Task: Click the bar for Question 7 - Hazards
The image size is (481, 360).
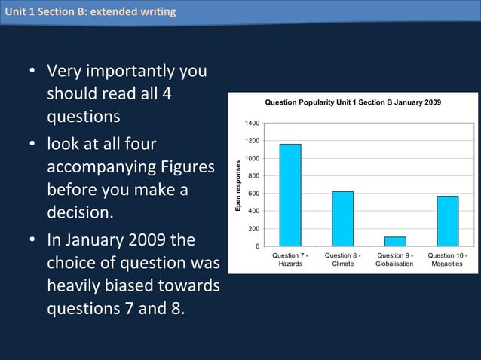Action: (290, 194)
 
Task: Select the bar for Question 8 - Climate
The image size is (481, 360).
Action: (342, 218)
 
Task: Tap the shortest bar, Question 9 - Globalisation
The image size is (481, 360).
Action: (395, 241)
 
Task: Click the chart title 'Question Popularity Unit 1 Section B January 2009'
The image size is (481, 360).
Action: (353, 102)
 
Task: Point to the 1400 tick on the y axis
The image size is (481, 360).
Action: (252, 124)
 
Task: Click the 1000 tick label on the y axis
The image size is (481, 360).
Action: (252, 159)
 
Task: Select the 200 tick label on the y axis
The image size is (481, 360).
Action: (254, 229)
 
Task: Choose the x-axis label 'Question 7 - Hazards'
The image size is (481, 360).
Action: (290, 260)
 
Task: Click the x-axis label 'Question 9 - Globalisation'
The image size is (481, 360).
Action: (395, 260)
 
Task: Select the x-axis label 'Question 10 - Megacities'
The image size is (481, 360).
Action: (447, 260)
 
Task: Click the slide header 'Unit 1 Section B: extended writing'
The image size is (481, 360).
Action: (90, 11)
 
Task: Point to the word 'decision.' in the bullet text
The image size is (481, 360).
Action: (80, 213)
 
